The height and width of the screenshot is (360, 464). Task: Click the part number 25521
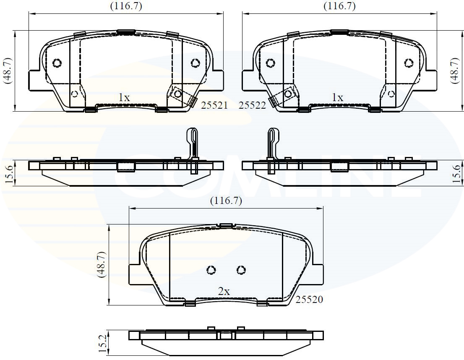pyautogui.click(x=214, y=105)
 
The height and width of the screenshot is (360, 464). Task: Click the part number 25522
pyautogui.click(x=252, y=105)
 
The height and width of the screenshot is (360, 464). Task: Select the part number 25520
pyautogui.click(x=309, y=300)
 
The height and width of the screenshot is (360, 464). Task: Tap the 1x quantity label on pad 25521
pyautogui.click(x=124, y=97)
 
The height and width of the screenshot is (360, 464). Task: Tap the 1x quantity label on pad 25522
pyautogui.click(x=338, y=97)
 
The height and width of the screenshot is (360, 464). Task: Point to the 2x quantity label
pyautogui.click(x=224, y=292)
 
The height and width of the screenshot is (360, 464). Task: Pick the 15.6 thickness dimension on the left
pyautogui.click(x=10, y=173)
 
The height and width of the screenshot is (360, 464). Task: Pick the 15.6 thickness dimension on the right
pyautogui.click(x=457, y=173)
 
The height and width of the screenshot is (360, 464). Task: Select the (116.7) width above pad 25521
pyautogui.click(x=126, y=6)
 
